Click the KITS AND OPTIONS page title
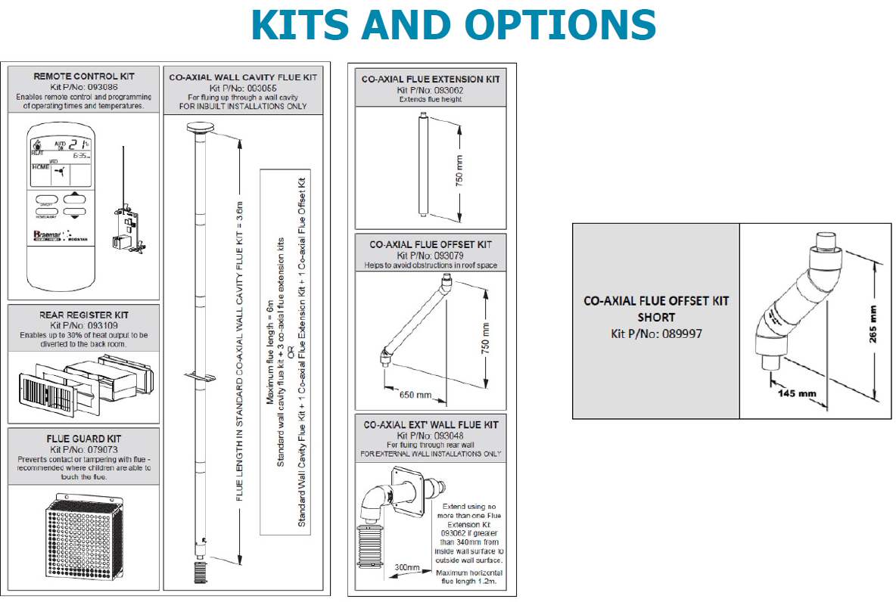coord(453,25)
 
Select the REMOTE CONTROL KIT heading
coord(84,76)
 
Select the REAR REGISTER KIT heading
coord(84,315)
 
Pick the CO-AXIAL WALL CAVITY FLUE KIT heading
coord(243,77)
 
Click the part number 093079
coord(448,256)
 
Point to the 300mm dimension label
coord(406,567)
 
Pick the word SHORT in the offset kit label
coord(656,318)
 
